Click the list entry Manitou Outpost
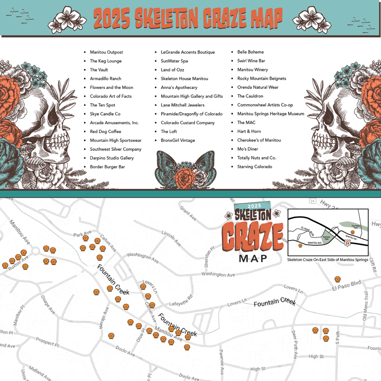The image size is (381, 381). (106, 52)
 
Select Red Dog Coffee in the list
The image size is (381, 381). (105, 132)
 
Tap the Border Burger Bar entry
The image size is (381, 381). (107, 167)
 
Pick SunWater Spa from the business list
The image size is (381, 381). (174, 61)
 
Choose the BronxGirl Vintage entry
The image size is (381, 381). (178, 140)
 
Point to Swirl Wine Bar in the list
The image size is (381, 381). (251, 61)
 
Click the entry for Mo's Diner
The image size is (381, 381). (248, 149)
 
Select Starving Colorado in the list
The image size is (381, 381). (254, 167)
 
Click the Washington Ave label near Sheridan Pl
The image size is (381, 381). (218, 275)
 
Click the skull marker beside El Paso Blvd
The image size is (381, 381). (337, 279)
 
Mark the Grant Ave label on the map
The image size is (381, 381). (188, 213)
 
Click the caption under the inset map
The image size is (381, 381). (327, 260)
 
